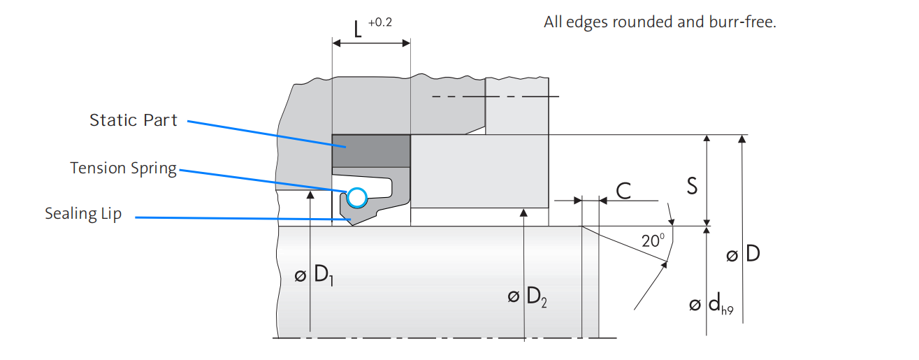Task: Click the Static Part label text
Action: coord(133,120)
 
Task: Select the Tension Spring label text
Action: coord(123,168)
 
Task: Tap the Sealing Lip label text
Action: coord(83,214)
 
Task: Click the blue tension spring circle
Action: coord(356,198)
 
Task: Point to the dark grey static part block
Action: coord(370,150)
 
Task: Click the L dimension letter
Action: coord(357,30)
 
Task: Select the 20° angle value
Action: coord(652,241)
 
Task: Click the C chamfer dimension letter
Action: coord(623,191)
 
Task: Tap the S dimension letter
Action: coord(692,187)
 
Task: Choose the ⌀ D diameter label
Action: coord(743,254)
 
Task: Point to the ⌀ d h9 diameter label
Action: coord(711,305)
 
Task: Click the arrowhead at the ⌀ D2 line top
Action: coord(523,213)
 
